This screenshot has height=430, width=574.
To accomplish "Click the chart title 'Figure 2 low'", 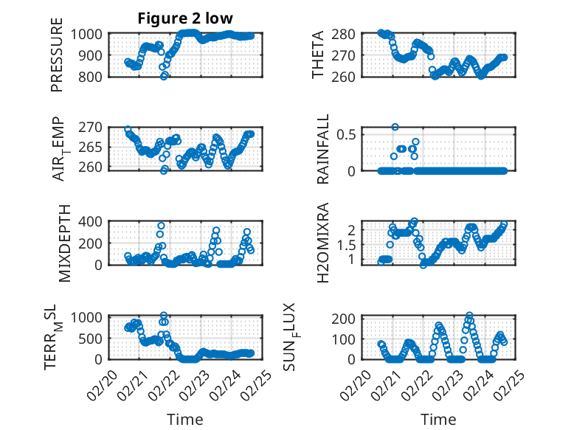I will coord(185,18).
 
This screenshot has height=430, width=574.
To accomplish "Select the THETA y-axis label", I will coord(318,55).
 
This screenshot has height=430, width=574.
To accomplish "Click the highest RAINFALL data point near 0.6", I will coord(395,127).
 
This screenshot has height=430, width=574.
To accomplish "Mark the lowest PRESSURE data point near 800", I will coord(164,76).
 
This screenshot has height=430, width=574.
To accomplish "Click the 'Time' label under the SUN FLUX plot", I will coord(438,419).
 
